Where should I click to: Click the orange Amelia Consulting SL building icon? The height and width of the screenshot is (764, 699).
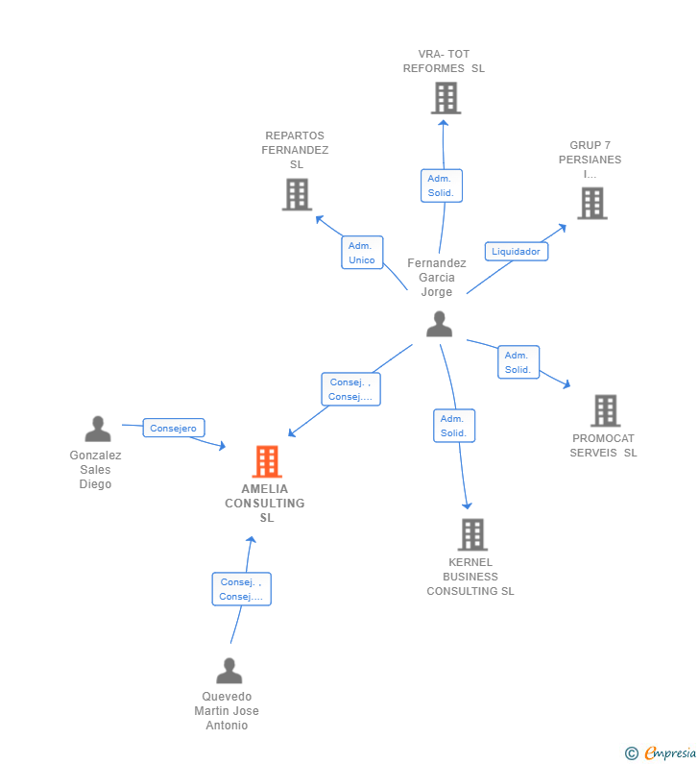tap(267, 461)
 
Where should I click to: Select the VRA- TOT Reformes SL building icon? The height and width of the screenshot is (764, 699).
tap(446, 98)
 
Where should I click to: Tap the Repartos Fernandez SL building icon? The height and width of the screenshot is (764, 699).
tap(297, 194)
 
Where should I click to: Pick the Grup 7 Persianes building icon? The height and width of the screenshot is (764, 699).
tap(591, 203)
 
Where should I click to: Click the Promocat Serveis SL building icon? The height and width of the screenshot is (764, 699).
tap(605, 410)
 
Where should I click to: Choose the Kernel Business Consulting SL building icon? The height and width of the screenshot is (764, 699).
tap(472, 534)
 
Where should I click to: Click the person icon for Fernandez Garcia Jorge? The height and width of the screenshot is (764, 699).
tap(439, 324)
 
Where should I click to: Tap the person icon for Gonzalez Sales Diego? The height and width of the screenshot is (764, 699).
tap(97, 429)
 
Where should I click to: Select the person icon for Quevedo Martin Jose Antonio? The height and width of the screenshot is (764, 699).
tap(229, 670)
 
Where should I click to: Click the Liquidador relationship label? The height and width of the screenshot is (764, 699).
tap(516, 252)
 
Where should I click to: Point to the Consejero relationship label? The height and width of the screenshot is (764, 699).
tap(174, 429)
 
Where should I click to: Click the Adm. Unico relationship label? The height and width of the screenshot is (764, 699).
tap(362, 253)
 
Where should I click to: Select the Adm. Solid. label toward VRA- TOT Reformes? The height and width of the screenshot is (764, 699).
tap(441, 185)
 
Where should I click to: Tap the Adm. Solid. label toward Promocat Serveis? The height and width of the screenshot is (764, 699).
tap(518, 362)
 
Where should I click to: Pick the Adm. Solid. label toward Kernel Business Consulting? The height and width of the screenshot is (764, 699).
tap(453, 426)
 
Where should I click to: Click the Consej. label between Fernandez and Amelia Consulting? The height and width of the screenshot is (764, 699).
tap(349, 389)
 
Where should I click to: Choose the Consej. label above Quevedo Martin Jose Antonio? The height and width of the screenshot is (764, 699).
tap(241, 589)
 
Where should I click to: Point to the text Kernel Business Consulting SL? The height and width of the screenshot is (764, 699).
tap(470, 577)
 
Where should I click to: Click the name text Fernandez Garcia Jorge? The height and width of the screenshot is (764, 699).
tap(437, 278)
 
